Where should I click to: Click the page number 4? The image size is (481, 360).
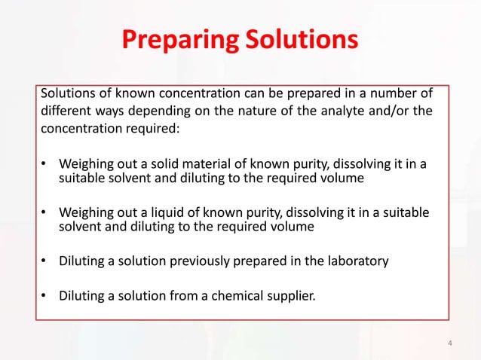450,343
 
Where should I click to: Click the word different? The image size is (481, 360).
64,111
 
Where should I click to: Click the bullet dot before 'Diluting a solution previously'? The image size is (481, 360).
44,261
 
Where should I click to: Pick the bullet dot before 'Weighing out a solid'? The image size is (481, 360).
44,163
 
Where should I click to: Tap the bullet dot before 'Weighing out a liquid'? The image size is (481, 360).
44,213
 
